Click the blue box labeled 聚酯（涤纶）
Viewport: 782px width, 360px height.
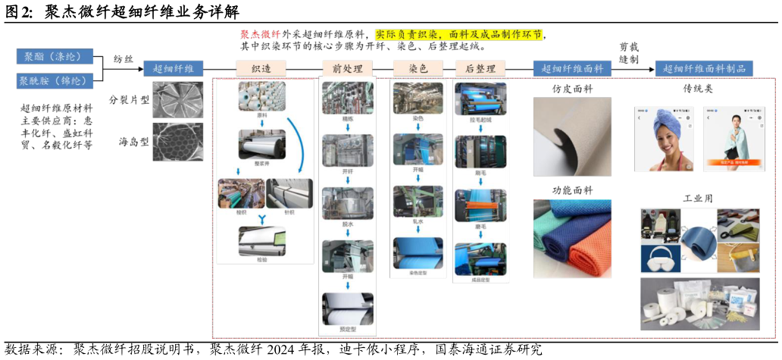[x=55, y=57]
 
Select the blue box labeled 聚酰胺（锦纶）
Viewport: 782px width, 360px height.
[x=55, y=80]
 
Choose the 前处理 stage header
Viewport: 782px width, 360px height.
[x=348, y=68]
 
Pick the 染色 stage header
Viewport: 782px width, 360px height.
[x=418, y=68]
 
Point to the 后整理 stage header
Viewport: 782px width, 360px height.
[x=480, y=68]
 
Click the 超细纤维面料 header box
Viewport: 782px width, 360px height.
[x=572, y=68]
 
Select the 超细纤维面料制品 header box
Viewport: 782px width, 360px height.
[x=704, y=68]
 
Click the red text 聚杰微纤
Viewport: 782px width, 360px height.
[x=261, y=35]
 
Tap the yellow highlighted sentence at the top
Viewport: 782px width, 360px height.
[x=458, y=35]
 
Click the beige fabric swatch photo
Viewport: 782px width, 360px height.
[x=571, y=137]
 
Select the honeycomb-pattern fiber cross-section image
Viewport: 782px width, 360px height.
[x=177, y=142]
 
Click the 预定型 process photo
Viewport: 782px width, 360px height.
[x=348, y=309]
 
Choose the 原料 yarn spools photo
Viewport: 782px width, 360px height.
[x=261, y=96]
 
